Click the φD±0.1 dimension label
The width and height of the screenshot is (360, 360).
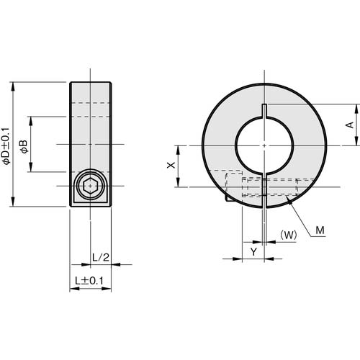click(x=6, y=145)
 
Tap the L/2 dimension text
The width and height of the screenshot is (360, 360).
click(x=101, y=257)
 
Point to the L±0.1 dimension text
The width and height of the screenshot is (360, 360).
click(x=89, y=280)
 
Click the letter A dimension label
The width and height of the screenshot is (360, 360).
click(x=349, y=125)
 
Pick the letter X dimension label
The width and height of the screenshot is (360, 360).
click(x=170, y=166)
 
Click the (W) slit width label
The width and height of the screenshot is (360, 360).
click(x=288, y=234)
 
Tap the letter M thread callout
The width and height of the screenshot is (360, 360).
click(x=320, y=230)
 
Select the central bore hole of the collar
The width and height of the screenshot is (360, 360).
click(x=265, y=145)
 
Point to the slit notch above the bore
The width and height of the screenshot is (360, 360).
click(x=265, y=109)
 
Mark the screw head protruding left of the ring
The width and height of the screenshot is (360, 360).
click(x=228, y=196)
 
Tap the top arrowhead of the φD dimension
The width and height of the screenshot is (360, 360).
click(x=14, y=84)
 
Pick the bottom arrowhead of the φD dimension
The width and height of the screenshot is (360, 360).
click(x=14, y=204)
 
